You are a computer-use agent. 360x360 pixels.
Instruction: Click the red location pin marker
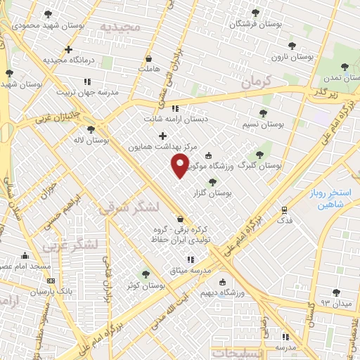(180, 165)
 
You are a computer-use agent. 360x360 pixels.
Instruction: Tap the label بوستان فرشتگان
(257, 23)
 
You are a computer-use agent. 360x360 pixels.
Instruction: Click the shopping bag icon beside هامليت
(148, 58)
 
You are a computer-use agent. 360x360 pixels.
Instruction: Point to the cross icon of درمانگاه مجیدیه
(68, 49)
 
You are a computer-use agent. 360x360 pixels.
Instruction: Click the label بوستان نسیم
(261, 124)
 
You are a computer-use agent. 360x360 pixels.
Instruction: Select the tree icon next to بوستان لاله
(91, 129)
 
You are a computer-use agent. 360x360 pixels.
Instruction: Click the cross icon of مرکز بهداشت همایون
(162, 136)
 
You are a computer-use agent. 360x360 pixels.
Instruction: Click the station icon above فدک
(284, 210)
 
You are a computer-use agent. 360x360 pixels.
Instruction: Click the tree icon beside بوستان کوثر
(145, 274)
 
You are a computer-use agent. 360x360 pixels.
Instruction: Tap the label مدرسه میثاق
(191, 271)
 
